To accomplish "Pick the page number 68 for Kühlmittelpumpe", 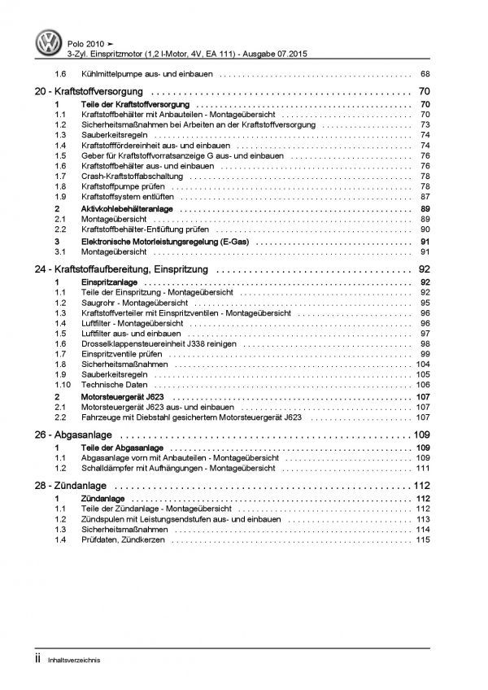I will coord(424,73).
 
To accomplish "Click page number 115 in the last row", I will coord(422,541).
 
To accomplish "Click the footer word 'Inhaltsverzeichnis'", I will coord(56,660).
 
